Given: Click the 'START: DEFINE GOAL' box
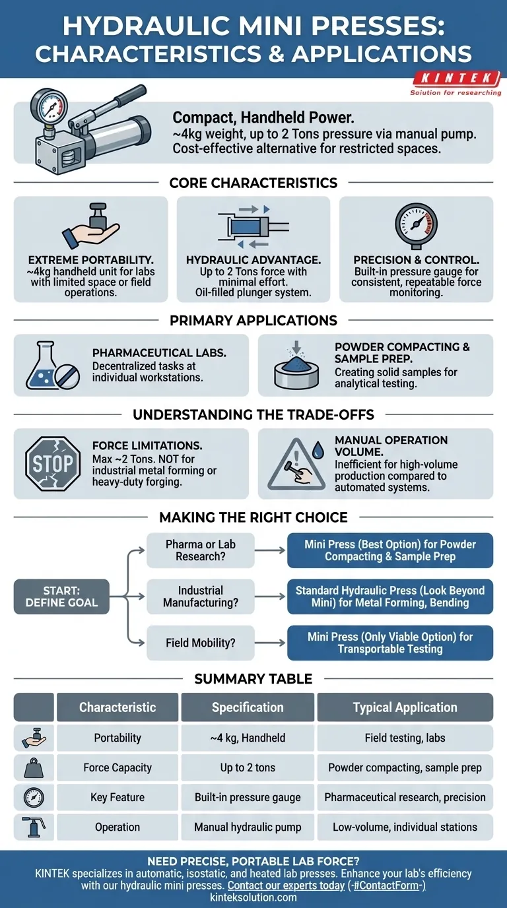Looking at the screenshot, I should tap(61, 597).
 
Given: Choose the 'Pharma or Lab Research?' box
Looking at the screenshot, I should tap(201, 550).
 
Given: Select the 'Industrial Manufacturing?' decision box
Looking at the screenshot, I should tap(201, 597).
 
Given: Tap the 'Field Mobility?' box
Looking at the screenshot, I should tap(201, 643).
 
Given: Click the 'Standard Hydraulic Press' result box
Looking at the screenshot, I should tap(390, 597).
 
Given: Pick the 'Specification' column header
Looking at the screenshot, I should tap(247, 707).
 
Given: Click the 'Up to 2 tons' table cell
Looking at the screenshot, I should tap(247, 767).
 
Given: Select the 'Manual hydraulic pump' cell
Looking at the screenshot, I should tap(247, 827).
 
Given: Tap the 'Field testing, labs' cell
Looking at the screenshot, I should tap(405, 738).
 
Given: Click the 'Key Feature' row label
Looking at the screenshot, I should tap(118, 797).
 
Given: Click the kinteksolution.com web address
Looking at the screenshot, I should tap(253, 897).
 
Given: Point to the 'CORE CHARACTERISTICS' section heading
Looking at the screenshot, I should tap(253, 182).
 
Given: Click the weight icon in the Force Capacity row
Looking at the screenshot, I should tap(34, 767).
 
